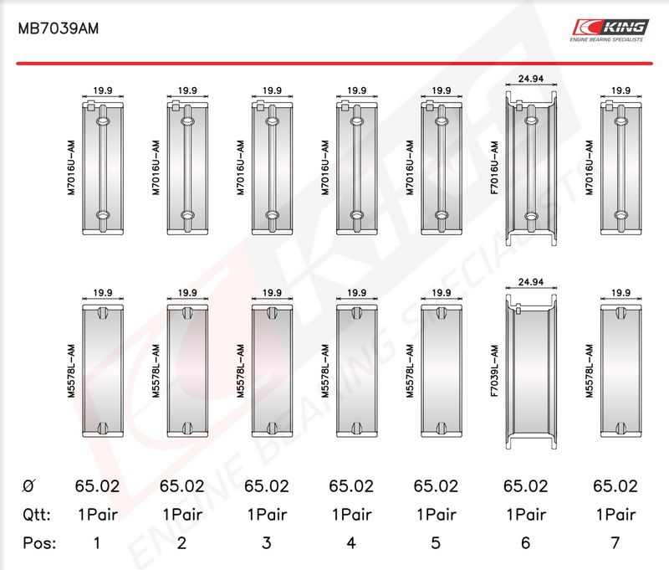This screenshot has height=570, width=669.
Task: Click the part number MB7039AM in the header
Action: tap(59, 28)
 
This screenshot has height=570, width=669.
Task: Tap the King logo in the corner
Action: tap(610, 30)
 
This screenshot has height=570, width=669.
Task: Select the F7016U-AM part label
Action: tap(494, 167)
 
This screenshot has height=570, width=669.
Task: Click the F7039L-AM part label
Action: tap(494, 371)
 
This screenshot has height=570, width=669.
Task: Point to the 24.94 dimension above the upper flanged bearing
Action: tap(531, 79)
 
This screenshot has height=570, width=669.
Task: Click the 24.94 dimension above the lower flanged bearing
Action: tap(531, 282)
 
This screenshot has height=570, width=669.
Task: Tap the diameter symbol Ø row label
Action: tap(28, 486)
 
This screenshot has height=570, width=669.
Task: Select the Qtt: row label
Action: tap(37, 515)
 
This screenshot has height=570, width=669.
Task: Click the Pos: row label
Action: tap(39, 543)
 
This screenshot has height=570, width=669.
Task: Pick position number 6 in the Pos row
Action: tap(525, 543)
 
